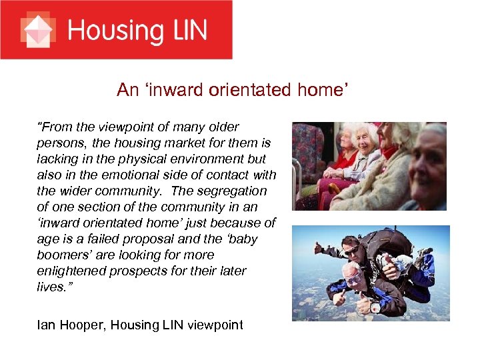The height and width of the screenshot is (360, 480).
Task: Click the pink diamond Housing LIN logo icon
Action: coord(37,30)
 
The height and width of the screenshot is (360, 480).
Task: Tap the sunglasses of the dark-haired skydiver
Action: coord(352,250)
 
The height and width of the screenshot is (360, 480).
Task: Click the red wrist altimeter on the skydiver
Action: coord(375,307)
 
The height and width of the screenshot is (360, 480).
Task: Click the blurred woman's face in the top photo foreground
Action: coord(427,160)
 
